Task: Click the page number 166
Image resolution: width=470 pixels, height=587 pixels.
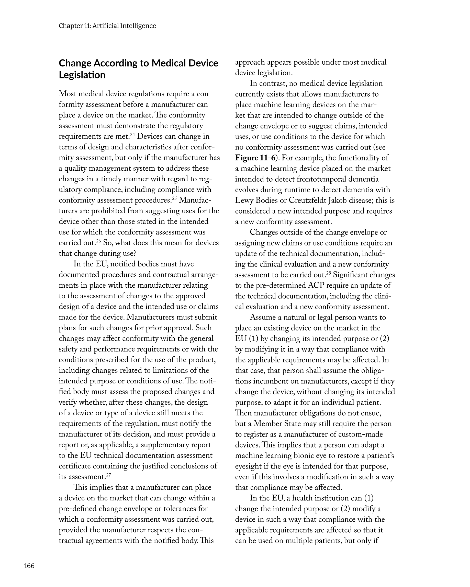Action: tap(29, 566)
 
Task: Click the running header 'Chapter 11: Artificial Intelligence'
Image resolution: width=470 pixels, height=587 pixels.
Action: tap(107, 26)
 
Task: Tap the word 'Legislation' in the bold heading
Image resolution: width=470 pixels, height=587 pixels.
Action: tap(82, 75)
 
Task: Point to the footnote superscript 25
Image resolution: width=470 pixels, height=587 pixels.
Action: tap(174, 198)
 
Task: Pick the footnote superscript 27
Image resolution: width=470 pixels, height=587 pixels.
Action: tap(108, 475)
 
